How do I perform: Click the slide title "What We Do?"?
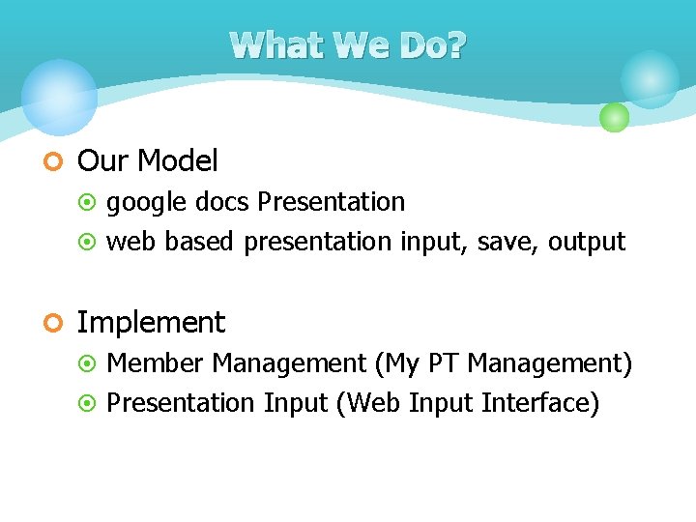click(348, 45)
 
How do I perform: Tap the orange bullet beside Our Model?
click(45, 161)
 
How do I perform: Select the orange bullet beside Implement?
click(45, 323)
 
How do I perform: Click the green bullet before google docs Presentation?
click(87, 202)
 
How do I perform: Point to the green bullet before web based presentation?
click(87, 242)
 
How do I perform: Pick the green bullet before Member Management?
click(87, 363)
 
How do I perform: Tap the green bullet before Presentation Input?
click(87, 403)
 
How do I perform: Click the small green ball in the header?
click(615, 117)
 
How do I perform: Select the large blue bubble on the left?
click(60, 98)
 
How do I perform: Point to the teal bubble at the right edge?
click(650, 79)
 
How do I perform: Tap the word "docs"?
click(222, 201)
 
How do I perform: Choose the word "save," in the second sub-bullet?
click(507, 243)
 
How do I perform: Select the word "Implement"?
click(152, 323)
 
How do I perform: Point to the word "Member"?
click(155, 363)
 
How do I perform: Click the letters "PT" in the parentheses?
click(443, 363)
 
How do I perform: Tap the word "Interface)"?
click(540, 403)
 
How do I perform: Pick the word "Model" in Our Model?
click(178, 160)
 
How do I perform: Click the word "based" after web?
click(199, 242)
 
